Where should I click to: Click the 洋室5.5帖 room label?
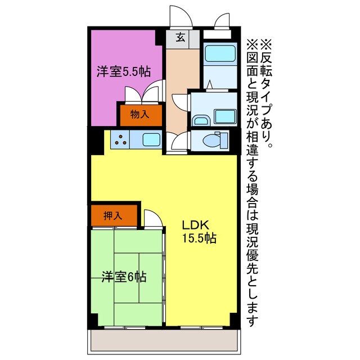coord(123,72)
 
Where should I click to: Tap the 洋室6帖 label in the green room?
coord(124,276)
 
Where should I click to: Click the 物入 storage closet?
coord(139,114)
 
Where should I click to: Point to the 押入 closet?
coord(114,215)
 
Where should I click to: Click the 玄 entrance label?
coord(181,38)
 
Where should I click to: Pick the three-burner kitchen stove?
coord(120,139)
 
